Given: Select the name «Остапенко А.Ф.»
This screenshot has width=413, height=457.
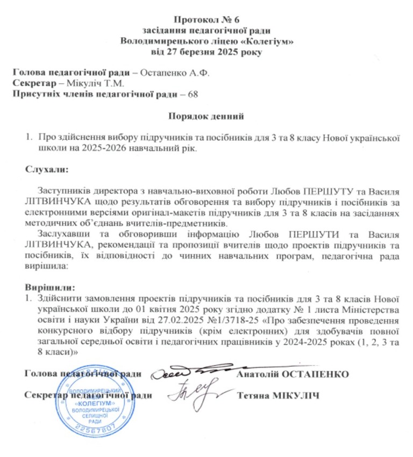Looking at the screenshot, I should [174, 73].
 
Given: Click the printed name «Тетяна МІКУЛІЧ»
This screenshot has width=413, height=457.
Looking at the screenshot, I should [278, 396].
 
